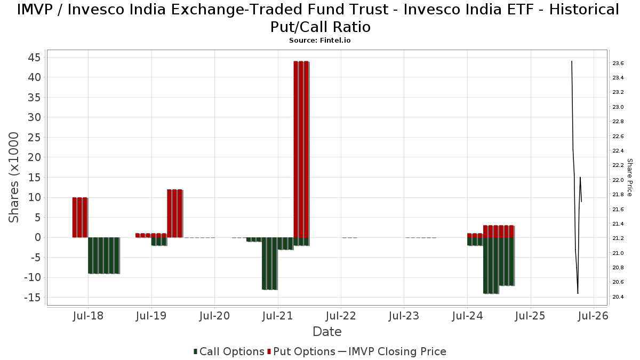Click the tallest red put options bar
[301, 149]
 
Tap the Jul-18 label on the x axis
[89, 316]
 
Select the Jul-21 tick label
[278, 316]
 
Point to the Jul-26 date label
[593, 316]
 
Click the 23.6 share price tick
[618, 63]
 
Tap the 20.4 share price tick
[618, 297]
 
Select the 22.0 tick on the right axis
[618, 180]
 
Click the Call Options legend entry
[229, 351]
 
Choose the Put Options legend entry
[301, 351]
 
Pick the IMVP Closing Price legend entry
[392, 351]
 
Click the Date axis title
[327, 332]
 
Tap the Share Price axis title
[629, 177]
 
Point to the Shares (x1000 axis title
[15, 177]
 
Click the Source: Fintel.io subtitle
[319, 41]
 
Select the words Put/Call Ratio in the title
[320, 27]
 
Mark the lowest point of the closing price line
[578, 293]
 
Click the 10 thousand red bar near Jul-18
[80, 217]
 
